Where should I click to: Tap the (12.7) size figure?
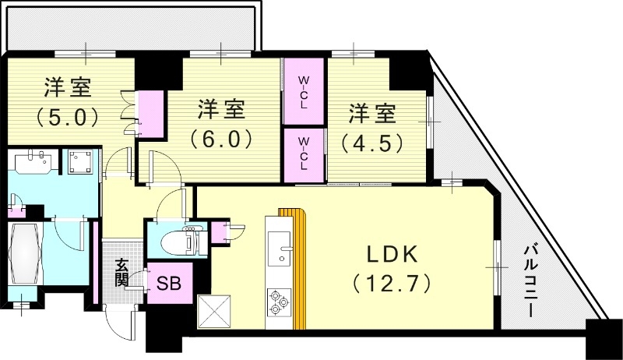(391, 281)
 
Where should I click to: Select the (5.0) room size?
(66, 118)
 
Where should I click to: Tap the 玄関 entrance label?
(122, 273)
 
